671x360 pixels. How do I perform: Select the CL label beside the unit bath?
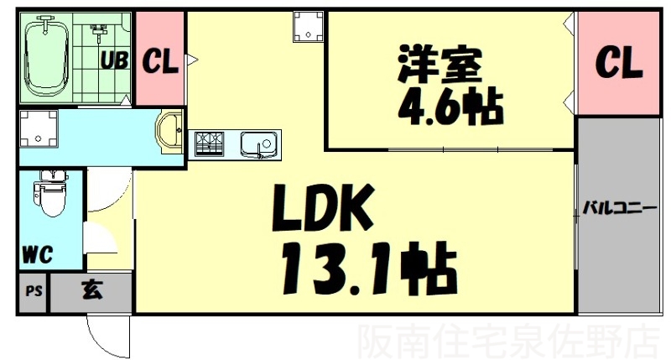pos(160,60)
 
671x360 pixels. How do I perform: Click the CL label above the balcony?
pos(619,60)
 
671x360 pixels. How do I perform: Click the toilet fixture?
pos(50,195)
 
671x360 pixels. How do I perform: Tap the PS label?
pos(34,293)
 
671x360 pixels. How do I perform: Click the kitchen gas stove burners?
pos(210,144)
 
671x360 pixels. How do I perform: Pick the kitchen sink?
pos(257,144)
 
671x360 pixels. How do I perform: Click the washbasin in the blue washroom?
pos(169,132)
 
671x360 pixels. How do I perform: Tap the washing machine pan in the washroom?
pos(39,132)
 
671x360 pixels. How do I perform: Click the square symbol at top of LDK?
pos(308,27)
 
